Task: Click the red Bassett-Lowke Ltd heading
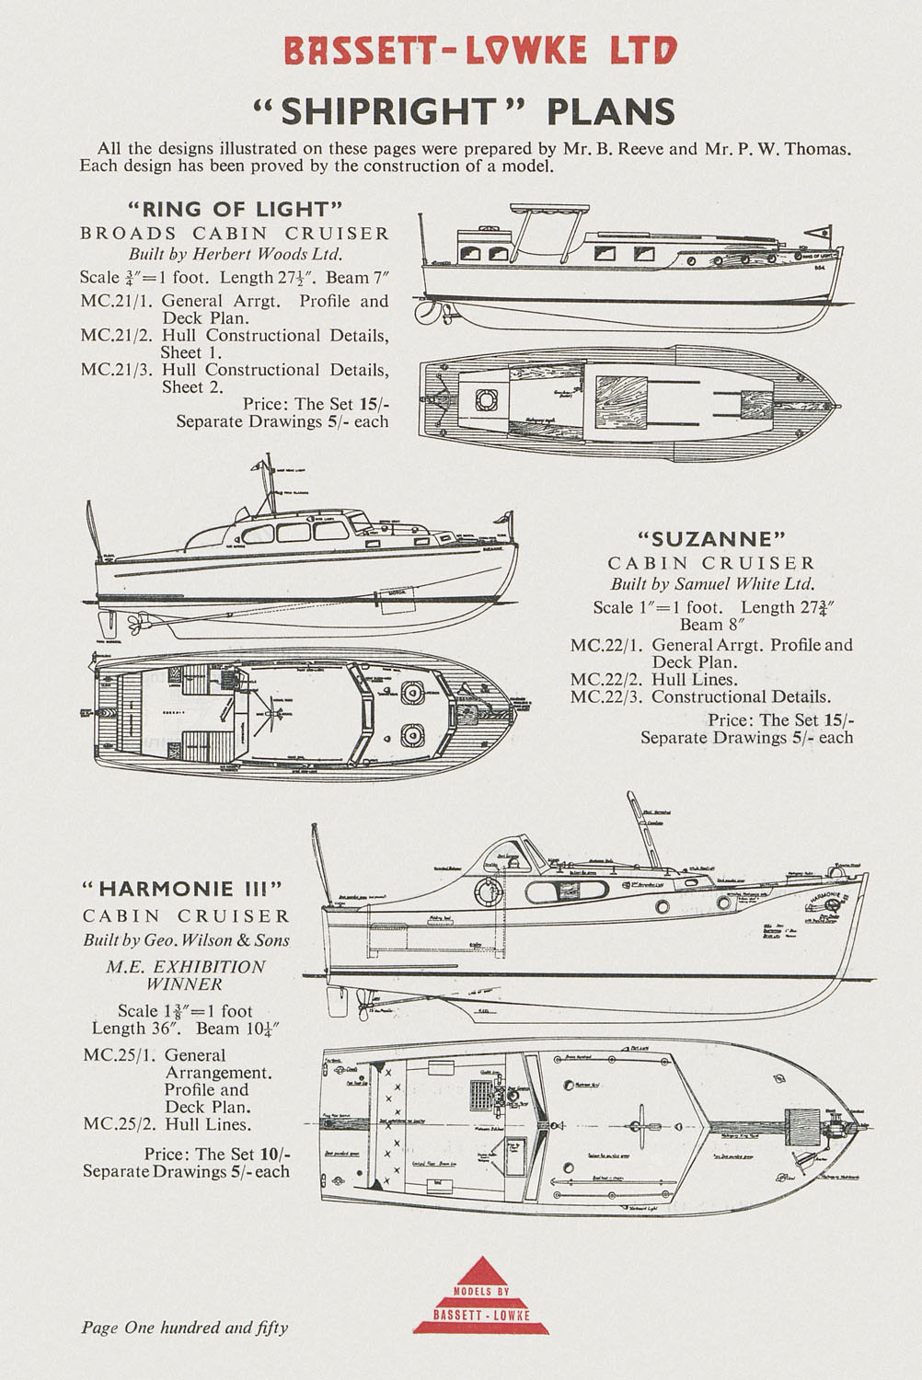pyautogui.click(x=479, y=52)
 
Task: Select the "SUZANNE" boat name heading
pyautogui.click(x=711, y=538)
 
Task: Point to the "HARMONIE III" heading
pyautogui.click(x=181, y=889)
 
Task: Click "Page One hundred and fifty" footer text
pyautogui.click(x=184, y=1328)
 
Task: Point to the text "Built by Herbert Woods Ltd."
pyautogui.click(x=235, y=255)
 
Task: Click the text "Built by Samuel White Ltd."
pyautogui.click(x=712, y=584)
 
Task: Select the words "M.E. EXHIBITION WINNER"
pyautogui.click(x=185, y=975)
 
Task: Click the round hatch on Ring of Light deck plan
pyautogui.click(x=486, y=399)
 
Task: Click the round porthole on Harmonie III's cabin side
pyautogui.click(x=488, y=891)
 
